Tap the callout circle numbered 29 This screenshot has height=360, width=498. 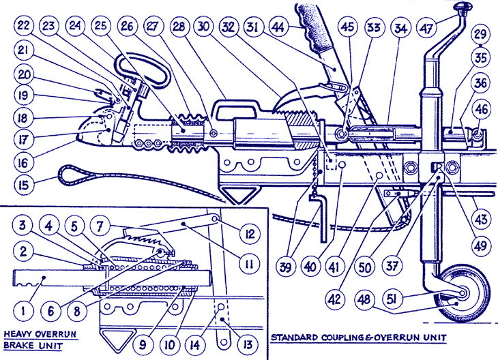click(x=480, y=33)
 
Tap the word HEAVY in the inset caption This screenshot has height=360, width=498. click(x=20, y=334)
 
